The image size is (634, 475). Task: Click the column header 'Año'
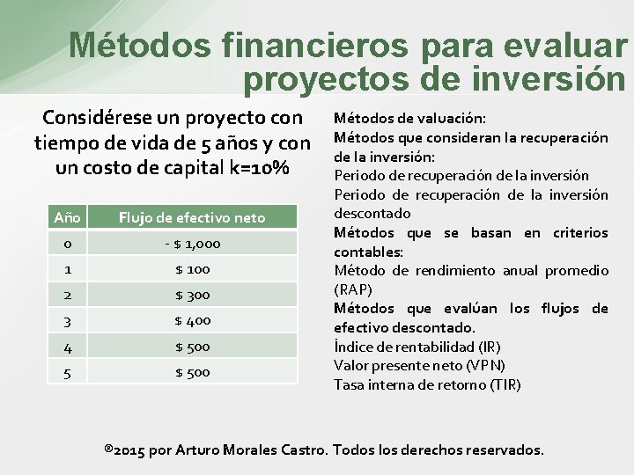[x=67, y=217]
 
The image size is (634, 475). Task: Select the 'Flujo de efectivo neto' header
[x=192, y=217]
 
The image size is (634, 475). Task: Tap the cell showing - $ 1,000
[x=192, y=244]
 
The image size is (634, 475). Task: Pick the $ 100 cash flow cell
[x=192, y=269]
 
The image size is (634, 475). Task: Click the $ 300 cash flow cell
[x=192, y=295]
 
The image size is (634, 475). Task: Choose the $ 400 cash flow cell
[x=192, y=320]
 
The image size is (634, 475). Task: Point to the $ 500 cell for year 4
[x=192, y=347]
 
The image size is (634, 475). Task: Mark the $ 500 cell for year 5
[x=192, y=372]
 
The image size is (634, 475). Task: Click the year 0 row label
[x=67, y=244]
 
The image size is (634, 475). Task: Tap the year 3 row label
[x=67, y=320]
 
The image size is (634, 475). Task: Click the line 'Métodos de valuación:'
[x=409, y=118]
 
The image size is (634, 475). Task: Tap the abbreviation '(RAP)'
[x=353, y=289]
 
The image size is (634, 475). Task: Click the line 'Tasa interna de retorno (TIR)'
[x=427, y=384]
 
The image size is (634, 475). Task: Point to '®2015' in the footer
[x=125, y=449]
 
